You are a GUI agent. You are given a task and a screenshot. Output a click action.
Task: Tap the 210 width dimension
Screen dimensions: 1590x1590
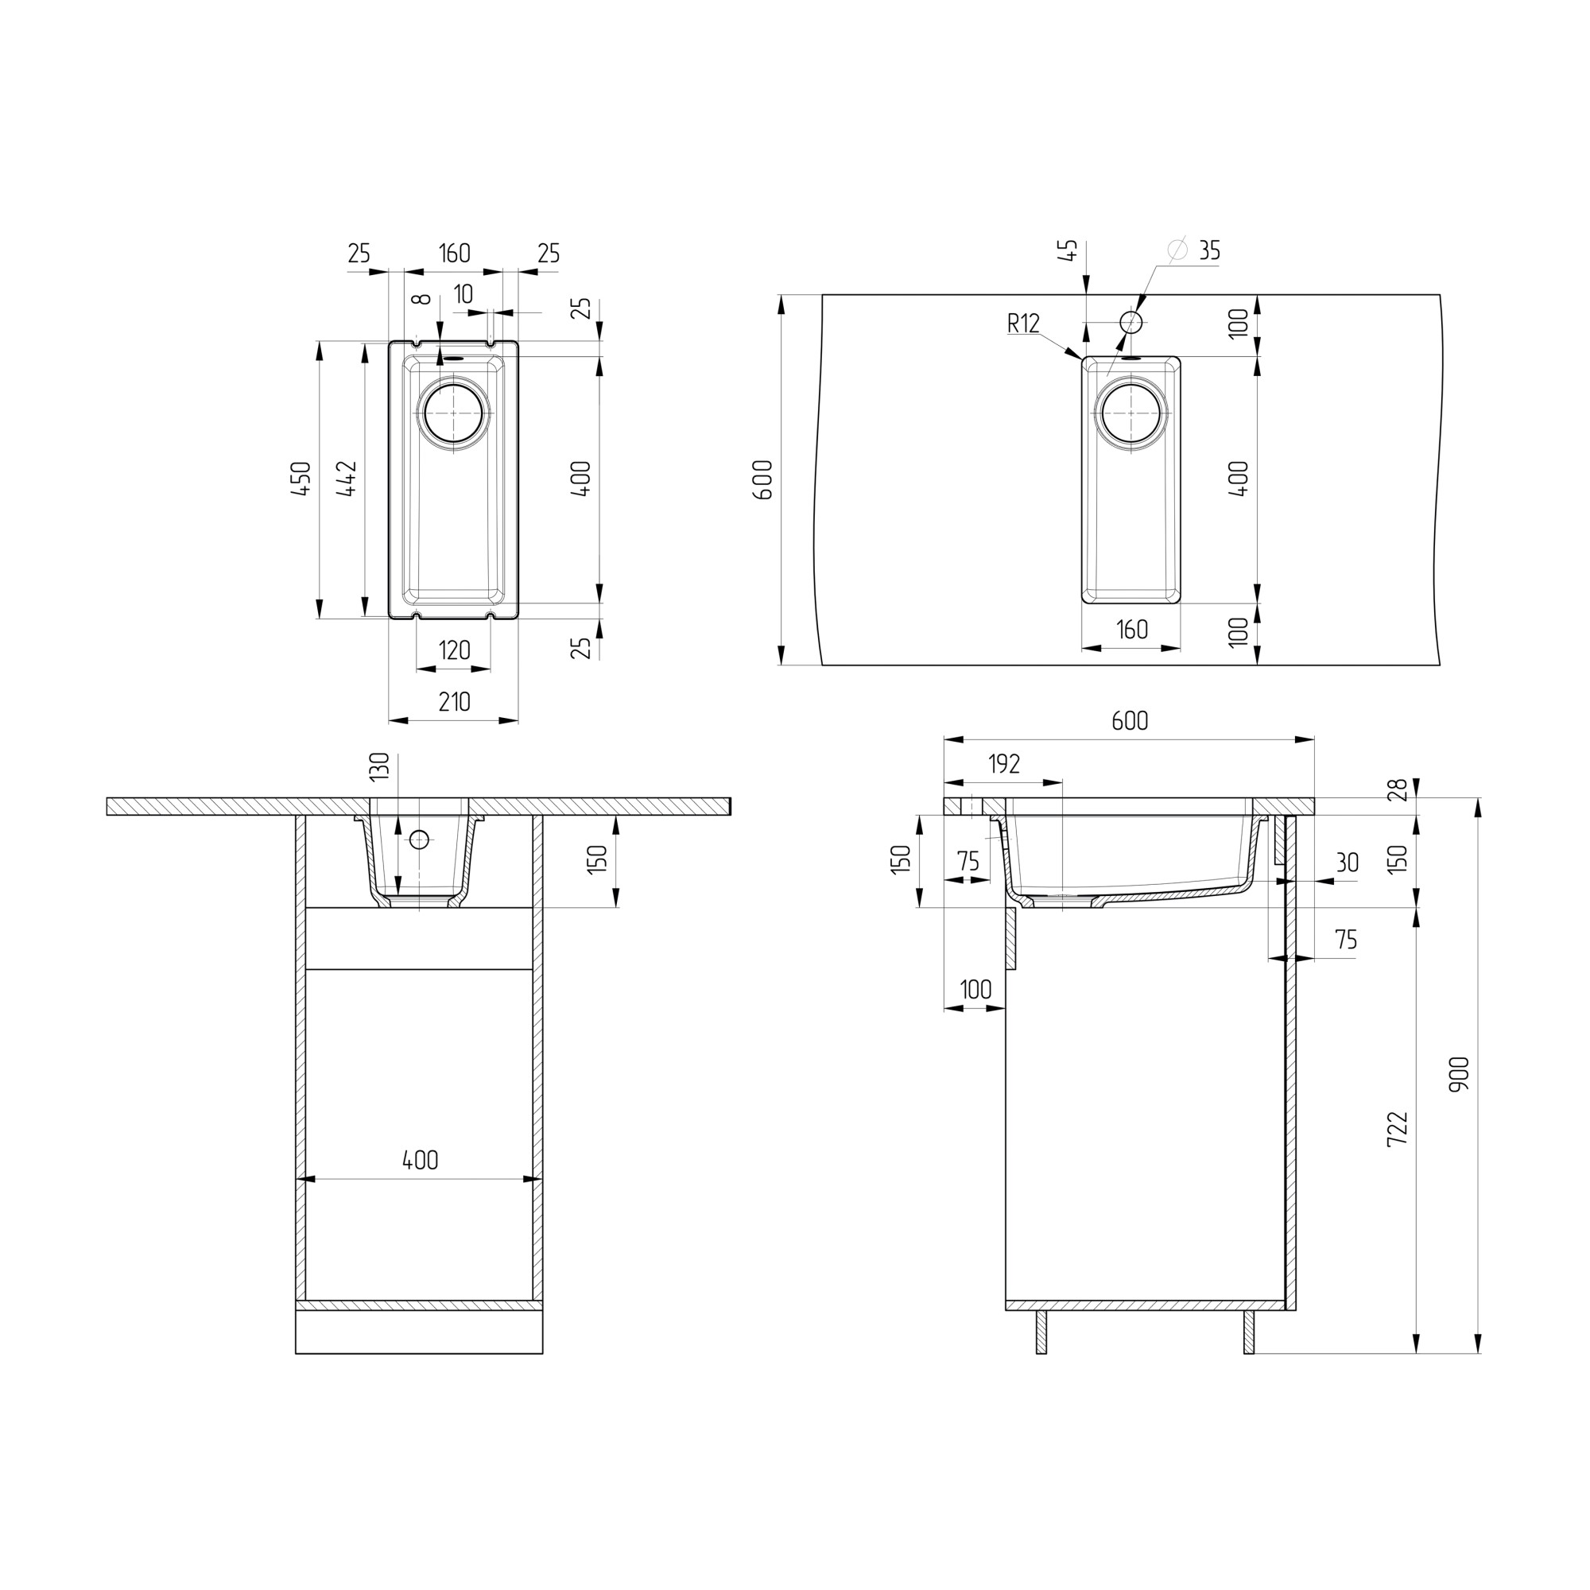pos(454,702)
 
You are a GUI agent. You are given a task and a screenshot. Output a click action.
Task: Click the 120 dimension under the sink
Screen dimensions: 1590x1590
pos(454,651)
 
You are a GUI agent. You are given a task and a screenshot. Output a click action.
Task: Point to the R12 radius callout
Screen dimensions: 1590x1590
pos(1024,324)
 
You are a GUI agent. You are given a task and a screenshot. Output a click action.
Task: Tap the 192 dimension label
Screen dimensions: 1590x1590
pos(1004,765)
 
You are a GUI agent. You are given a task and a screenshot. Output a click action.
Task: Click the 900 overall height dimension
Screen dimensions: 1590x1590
pos(1459,1075)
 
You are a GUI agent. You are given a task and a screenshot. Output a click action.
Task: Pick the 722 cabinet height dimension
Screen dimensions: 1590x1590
pos(1398,1129)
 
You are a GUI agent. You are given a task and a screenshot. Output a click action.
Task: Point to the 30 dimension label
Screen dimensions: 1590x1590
pos(1348,863)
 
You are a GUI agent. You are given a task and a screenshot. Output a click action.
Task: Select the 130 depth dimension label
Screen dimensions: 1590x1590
pos(378,767)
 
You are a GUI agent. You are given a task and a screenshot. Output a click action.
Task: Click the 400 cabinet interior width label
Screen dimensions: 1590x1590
pos(421,1161)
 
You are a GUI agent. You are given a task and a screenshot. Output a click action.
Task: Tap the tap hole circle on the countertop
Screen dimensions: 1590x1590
pos(1131,321)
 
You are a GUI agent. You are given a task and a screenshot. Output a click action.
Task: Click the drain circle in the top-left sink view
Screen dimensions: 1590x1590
pos(454,412)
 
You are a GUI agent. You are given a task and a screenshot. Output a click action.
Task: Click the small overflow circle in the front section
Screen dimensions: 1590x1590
pos(420,840)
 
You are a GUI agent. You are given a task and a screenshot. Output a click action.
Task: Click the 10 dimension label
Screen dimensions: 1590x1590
pos(463,294)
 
